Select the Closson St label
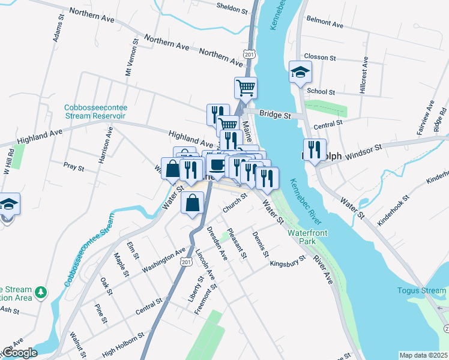click(x=320, y=57)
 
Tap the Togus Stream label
click(x=421, y=291)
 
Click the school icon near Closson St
click(x=300, y=73)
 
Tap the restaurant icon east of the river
click(x=315, y=150)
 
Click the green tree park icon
click(x=41, y=292)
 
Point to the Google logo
click(x=20, y=353)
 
